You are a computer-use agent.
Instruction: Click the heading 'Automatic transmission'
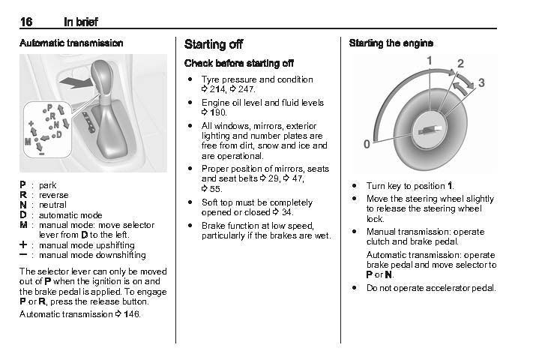pyautogui.click(x=71, y=43)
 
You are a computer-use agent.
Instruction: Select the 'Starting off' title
pyautogui.click(x=213, y=44)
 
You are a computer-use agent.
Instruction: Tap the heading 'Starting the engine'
pyautogui.click(x=391, y=43)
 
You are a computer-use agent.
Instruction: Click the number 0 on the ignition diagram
pyautogui.click(x=367, y=143)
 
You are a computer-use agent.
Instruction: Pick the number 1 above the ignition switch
pyautogui.click(x=430, y=59)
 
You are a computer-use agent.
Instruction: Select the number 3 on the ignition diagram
pyautogui.click(x=481, y=82)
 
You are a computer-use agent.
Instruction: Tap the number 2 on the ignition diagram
pyautogui.click(x=460, y=63)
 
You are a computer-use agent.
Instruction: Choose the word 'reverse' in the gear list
pyautogui.click(x=53, y=194)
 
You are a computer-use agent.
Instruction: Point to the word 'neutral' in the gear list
pyautogui.click(x=52, y=205)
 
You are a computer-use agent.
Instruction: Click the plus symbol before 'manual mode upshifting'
pyautogui.click(x=24, y=245)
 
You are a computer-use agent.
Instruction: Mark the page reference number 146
pyautogui.click(x=132, y=313)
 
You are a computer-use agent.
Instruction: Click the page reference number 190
pyautogui.click(x=218, y=112)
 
